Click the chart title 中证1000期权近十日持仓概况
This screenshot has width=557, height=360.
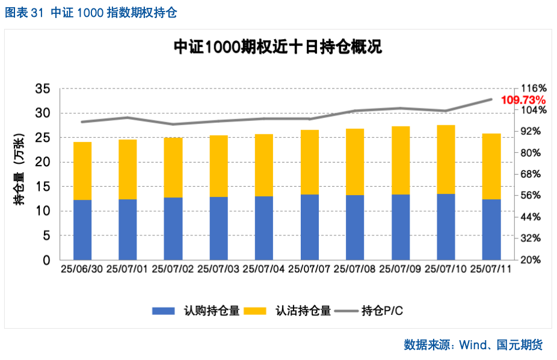[277, 47]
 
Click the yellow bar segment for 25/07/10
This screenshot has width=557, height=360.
[446, 160]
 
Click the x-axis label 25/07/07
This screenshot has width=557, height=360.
[309, 269]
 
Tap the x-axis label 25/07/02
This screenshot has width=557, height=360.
[173, 269]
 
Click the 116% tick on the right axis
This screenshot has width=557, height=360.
[533, 88]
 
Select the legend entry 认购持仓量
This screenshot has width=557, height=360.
[195, 311]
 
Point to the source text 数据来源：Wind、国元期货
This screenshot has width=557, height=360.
[473, 345]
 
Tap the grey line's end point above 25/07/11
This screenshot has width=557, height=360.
[491, 99]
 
